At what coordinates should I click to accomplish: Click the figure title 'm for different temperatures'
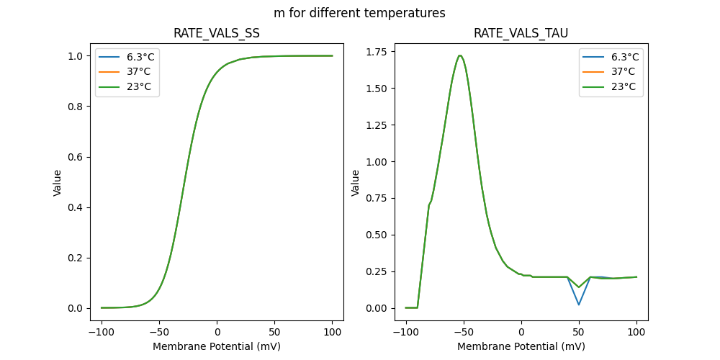359,13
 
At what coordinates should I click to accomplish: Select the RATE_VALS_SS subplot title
217,34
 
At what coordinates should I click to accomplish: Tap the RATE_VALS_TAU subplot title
521,34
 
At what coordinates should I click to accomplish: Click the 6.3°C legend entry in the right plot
623,57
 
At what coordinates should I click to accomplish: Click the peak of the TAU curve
459,55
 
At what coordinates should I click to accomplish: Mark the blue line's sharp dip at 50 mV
579,305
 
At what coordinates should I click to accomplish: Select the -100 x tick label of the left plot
102,333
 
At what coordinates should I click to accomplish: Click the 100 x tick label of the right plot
636,333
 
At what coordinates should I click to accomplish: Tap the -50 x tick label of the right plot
464,333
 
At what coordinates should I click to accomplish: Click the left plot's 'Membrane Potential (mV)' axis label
217,346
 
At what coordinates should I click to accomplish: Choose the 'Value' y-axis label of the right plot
356,183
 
